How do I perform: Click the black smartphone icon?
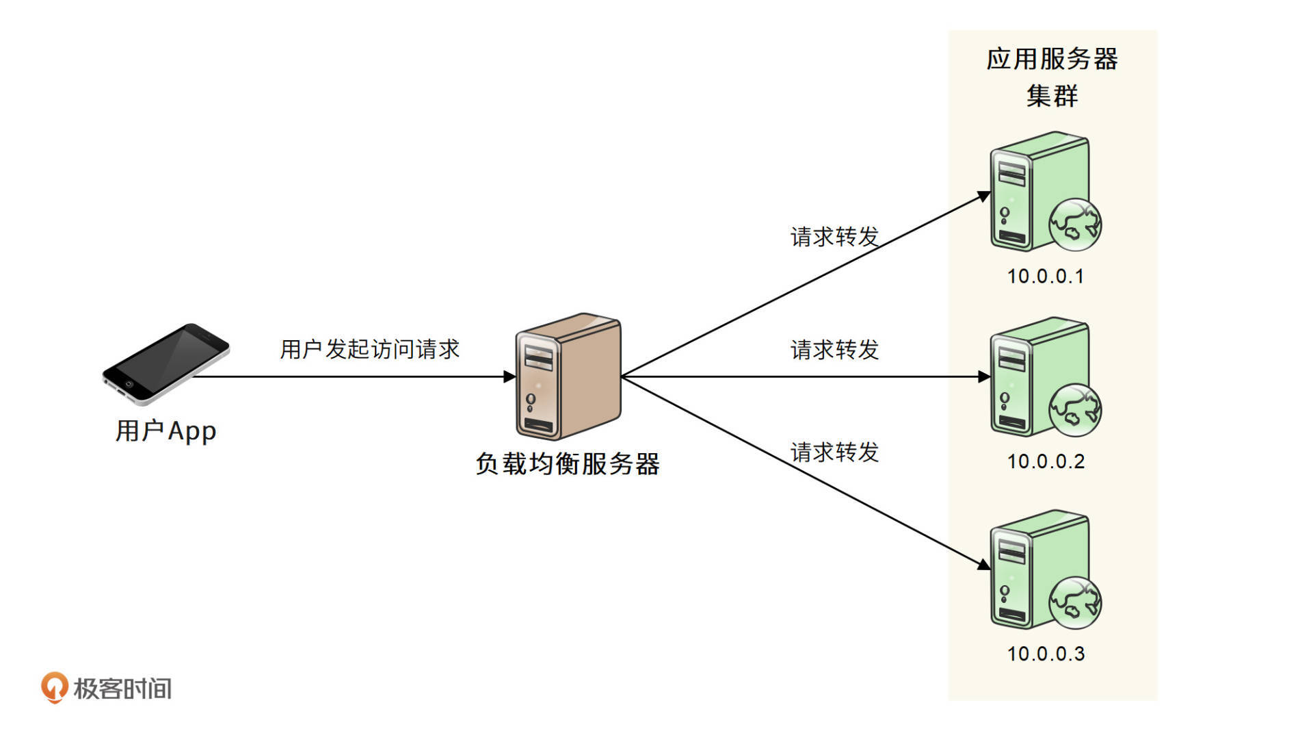pos(165,363)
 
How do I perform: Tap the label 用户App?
pos(165,431)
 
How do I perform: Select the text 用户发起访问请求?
pos(369,349)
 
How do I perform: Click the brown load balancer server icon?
pos(568,376)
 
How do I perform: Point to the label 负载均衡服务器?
pos(568,464)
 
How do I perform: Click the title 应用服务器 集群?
pos(1052,77)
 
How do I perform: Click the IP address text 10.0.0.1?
pos(1046,277)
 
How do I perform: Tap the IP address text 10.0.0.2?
pos(1046,461)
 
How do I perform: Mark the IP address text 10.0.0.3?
pos(1046,654)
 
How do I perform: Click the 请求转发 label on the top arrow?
pos(834,237)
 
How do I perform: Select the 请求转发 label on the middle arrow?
pos(834,350)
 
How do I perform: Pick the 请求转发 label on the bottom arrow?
pos(834,452)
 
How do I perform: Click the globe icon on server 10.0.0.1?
pos(1075,225)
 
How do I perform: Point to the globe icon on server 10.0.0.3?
pos(1075,602)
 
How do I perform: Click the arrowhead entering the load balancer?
pos(509,376)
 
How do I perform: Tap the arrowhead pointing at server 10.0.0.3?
pos(984,565)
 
